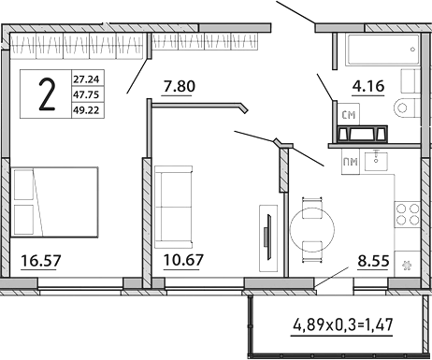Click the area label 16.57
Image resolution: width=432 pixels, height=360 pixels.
(x=40, y=259)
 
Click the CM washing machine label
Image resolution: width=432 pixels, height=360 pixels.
(x=349, y=116)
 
